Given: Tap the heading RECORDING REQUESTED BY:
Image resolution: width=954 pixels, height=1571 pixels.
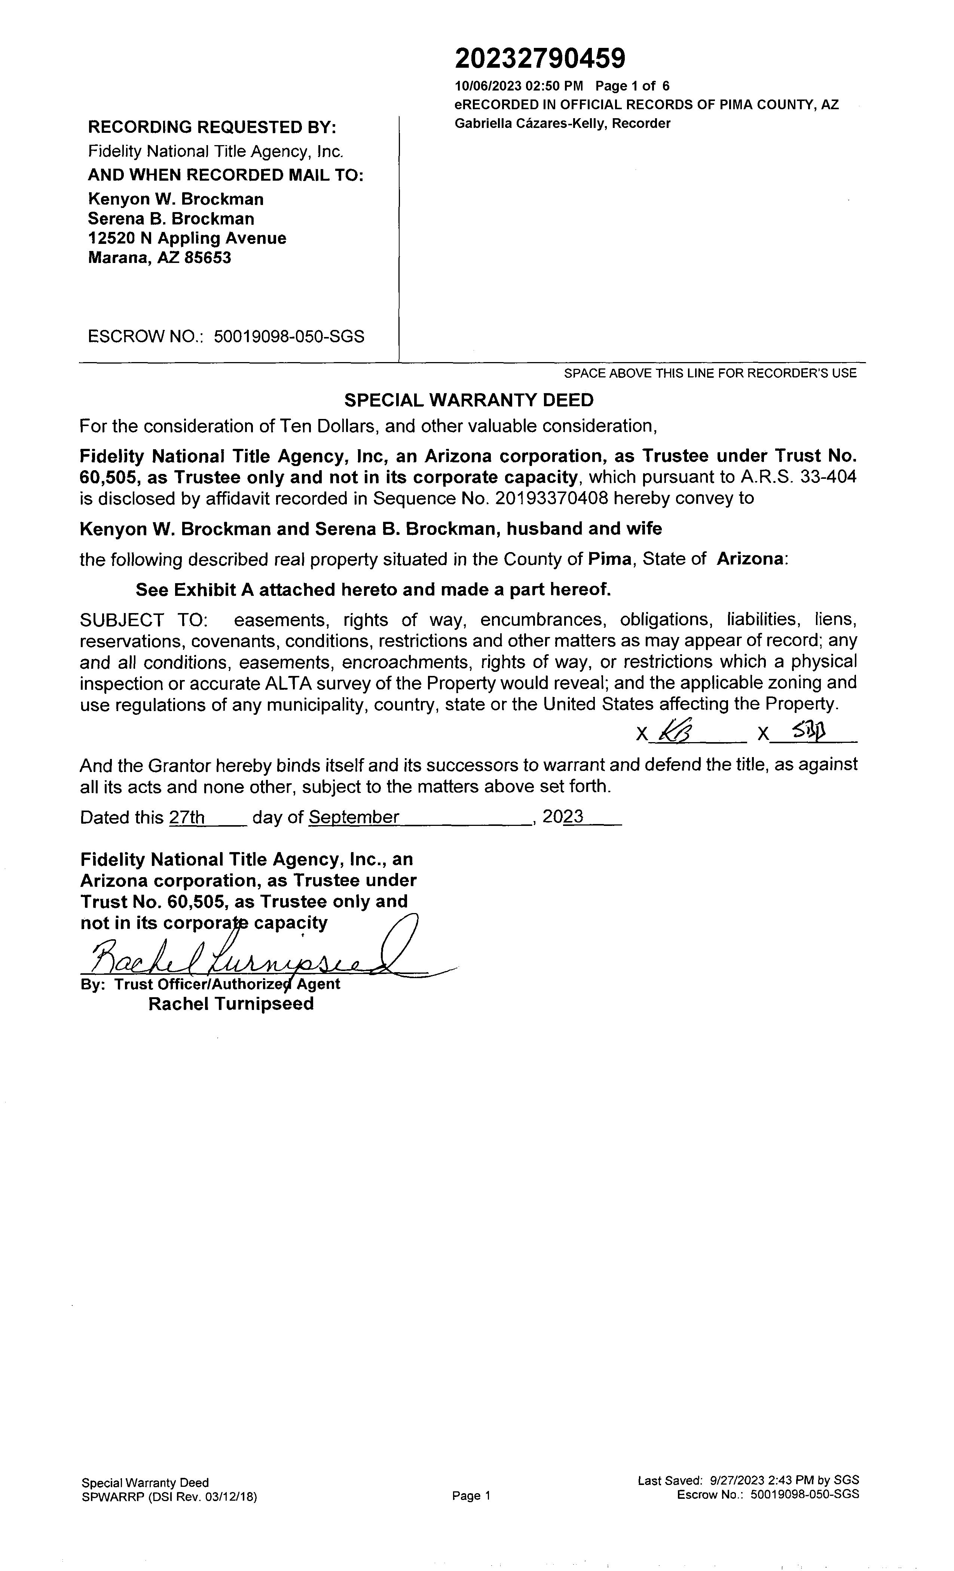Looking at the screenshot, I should [x=212, y=128].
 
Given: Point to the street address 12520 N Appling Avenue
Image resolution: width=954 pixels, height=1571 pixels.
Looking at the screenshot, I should [x=187, y=239].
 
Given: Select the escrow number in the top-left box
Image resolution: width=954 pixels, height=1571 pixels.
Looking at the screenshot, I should [x=289, y=337].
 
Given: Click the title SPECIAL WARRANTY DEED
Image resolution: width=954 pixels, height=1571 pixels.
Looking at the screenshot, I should [x=469, y=400].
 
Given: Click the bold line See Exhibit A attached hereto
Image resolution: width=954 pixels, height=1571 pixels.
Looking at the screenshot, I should [x=373, y=590].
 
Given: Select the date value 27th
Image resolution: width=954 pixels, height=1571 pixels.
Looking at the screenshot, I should [x=187, y=817].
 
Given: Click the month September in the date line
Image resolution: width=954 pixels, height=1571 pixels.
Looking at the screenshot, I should [x=354, y=817].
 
